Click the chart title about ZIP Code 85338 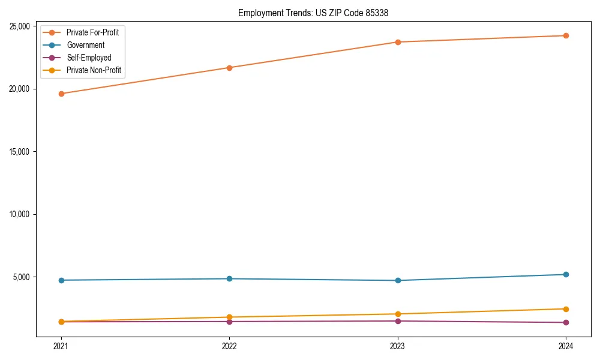pyautogui.click(x=313, y=13)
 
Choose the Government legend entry pyautogui.click(x=85, y=45)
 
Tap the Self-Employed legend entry pyautogui.click(x=89, y=58)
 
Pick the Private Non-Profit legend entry pyautogui.click(x=94, y=70)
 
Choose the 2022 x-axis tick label pyautogui.click(x=229, y=346)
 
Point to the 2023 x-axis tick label pyautogui.click(x=398, y=346)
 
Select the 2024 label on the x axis pyautogui.click(x=566, y=346)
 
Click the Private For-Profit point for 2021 pyautogui.click(x=61, y=94)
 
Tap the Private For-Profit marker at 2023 pyautogui.click(x=398, y=42)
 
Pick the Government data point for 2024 pyautogui.click(x=566, y=274)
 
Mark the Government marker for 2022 pyautogui.click(x=229, y=278)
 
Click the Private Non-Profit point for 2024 pyautogui.click(x=566, y=309)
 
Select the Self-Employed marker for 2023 pyautogui.click(x=398, y=321)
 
